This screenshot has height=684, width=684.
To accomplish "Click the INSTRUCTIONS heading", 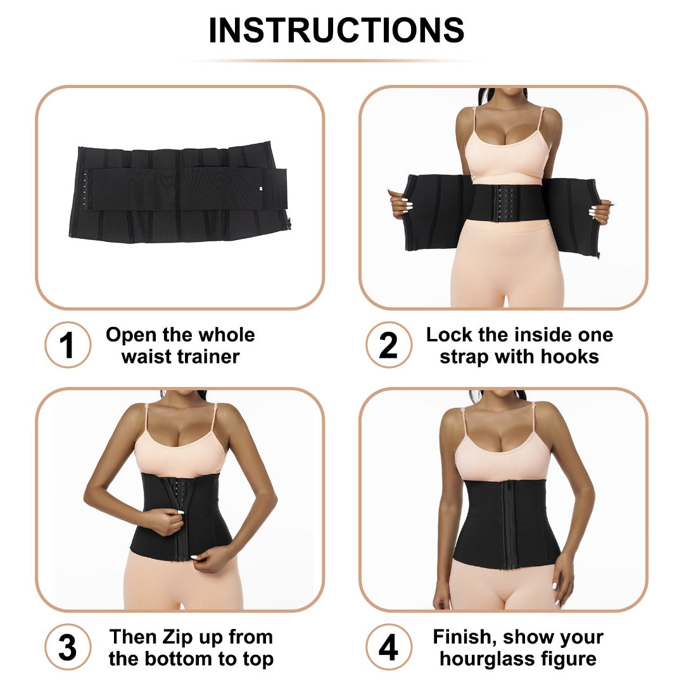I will click(336, 30).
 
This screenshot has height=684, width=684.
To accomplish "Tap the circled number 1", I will click(67, 345).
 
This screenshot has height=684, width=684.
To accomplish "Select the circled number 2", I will click(388, 345).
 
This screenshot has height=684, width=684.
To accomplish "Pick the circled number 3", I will click(67, 647).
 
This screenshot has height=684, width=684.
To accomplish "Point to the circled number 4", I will click(388, 647).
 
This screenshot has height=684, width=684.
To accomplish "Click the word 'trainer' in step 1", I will click(207, 357).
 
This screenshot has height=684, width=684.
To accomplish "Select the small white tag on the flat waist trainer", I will click(260, 187).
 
